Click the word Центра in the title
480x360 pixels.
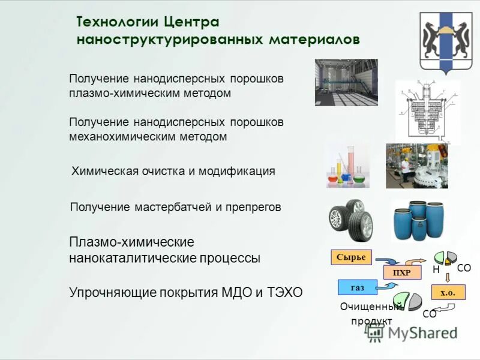point(190,22)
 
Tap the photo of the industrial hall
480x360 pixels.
point(346,82)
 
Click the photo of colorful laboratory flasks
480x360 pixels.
point(347,165)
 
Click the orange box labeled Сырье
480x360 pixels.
point(352,257)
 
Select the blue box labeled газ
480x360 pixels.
point(358,287)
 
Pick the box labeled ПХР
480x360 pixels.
point(401,272)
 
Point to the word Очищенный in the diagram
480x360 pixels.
point(372,307)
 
